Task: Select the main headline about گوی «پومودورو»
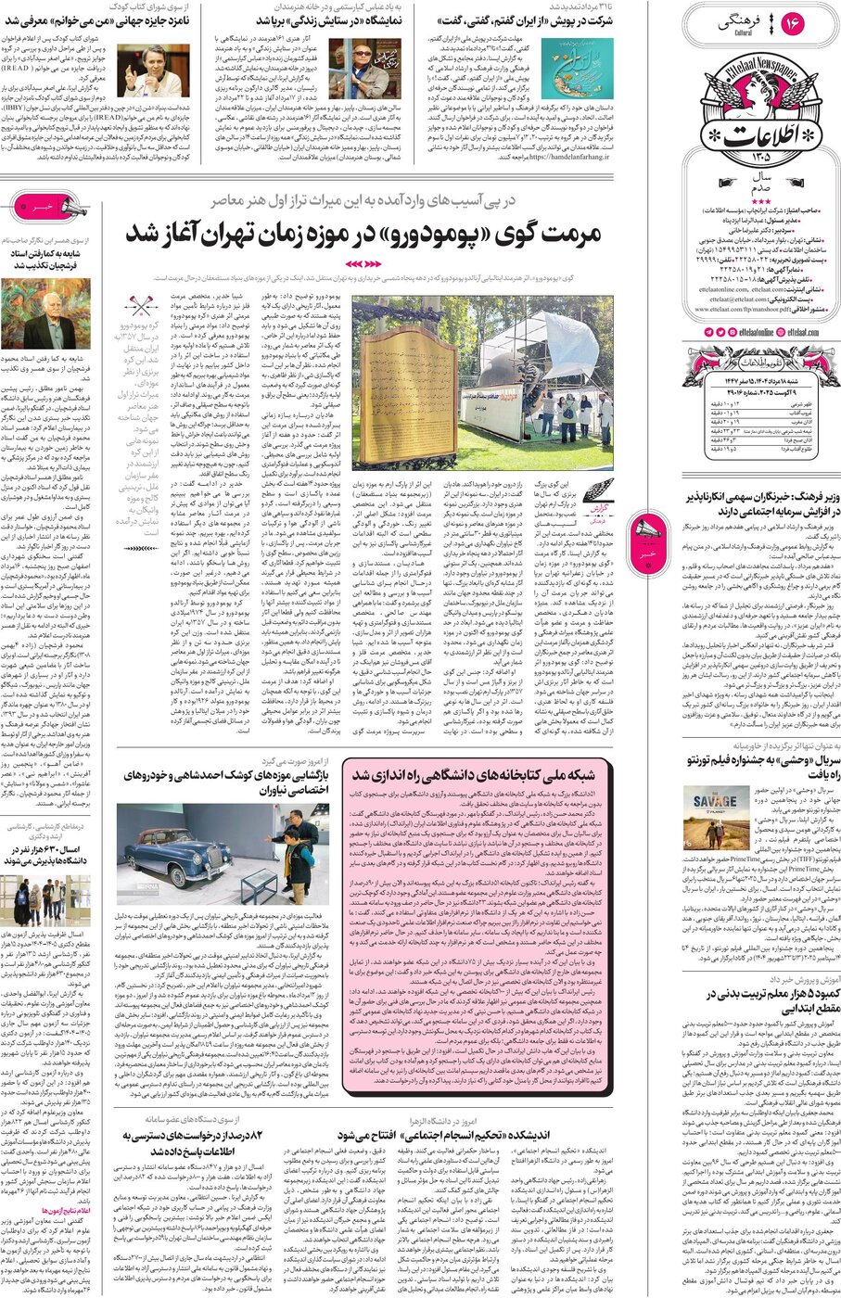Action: click(363, 235)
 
